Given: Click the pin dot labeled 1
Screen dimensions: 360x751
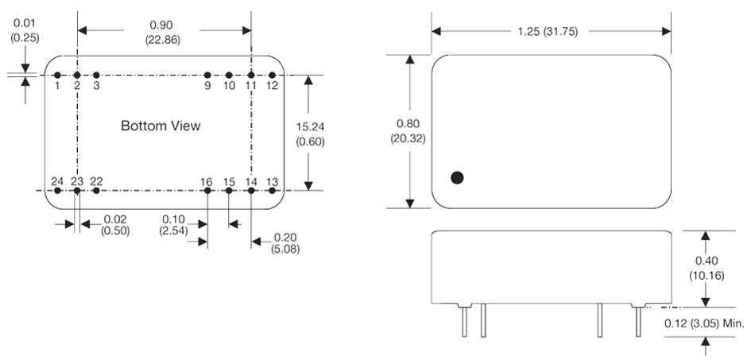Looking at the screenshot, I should coord(57,75).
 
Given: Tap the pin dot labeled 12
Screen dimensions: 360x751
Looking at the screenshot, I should coord(272,75).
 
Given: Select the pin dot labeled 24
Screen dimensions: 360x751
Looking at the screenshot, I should coord(57,191).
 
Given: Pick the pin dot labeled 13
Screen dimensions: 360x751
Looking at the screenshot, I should coord(272,191).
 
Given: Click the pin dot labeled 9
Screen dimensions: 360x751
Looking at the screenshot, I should coord(207,75).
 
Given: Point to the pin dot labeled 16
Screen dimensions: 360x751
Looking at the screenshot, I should coord(207,191).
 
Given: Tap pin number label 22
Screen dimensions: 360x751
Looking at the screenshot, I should coord(96,181).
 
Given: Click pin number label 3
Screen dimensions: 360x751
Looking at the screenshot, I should coord(96,85).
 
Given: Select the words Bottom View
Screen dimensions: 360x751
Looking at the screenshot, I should coord(161,126).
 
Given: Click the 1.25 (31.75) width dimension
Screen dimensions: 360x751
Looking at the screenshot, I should coord(551,32).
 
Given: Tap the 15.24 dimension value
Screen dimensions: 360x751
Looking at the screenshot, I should coord(309,126).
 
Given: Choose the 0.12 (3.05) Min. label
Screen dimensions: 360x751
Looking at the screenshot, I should coord(704,323).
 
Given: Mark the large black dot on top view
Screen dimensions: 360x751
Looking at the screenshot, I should coord(457,178).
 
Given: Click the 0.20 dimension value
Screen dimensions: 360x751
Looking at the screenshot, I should coord(285,236).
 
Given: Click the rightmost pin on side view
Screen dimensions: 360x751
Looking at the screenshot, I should coord(637,321).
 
